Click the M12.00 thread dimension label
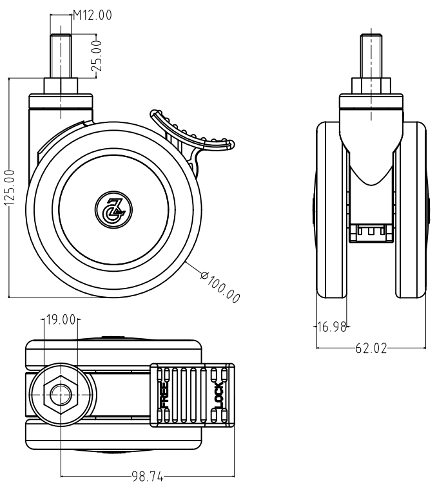[x=92, y=15]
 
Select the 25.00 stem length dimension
[x=99, y=56]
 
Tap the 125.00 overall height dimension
[x=10, y=187]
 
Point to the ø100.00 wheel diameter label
[x=220, y=289]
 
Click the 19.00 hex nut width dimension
[x=61, y=320]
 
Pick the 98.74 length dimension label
[x=148, y=477]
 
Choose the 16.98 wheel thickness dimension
[x=332, y=327]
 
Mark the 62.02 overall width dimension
[x=371, y=348]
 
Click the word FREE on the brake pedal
[x=165, y=395]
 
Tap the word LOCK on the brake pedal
[x=218, y=395]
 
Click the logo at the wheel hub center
[x=113, y=209]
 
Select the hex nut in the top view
[x=61, y=394]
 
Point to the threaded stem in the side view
[x=61, y=56]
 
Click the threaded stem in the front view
[x=371, y=56]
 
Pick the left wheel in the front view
[x=332, y=209]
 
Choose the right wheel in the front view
[x=411, y=209]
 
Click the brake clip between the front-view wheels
[x=371, y=233]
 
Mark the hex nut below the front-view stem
[x=371, y=86]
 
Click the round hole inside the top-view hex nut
[x=61, y=394]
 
